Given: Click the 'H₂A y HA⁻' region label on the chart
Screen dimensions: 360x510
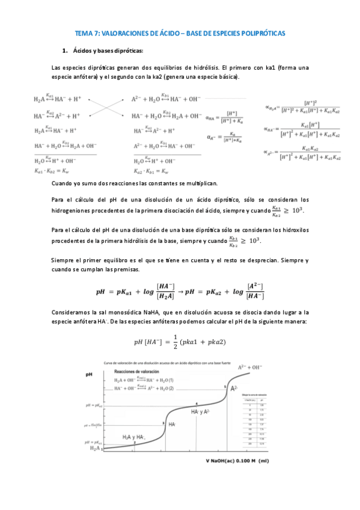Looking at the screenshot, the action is click(x=133, y=437).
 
